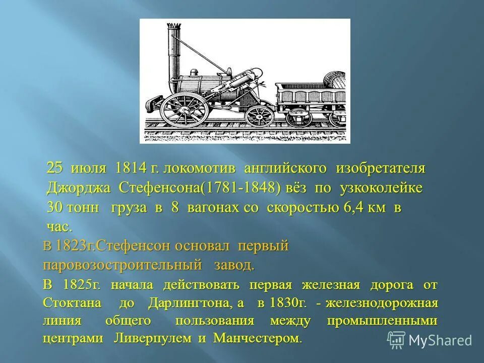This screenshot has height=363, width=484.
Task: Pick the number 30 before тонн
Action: coord(55,208)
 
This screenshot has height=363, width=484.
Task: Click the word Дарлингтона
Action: coord(191,304)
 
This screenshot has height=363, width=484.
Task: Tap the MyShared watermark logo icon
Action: coord(396,340)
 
